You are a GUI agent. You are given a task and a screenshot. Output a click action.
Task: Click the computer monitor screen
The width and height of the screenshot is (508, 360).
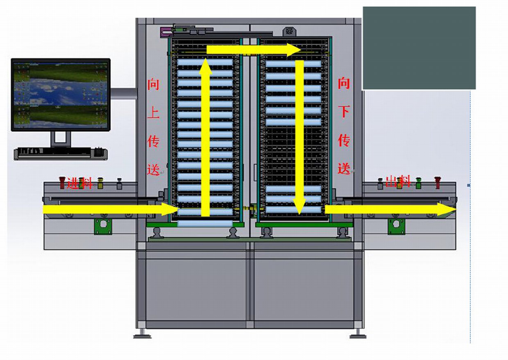(61, 95)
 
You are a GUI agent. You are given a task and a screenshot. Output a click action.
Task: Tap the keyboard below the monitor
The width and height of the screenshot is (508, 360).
(61, 154)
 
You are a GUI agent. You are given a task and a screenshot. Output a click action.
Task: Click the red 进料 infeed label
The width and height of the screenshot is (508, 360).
(79, 183)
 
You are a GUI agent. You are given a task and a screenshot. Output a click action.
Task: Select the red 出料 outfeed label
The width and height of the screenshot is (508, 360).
(398, 181)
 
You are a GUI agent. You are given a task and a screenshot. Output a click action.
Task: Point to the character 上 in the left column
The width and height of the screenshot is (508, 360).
(153, 113)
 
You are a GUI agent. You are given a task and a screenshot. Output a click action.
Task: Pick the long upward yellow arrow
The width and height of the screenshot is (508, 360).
(206, 137)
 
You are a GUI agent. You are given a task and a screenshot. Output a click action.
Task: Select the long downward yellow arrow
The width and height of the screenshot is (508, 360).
(299, 137)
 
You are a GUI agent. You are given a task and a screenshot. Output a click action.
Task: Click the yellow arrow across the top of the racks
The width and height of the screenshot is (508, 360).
(254, 50)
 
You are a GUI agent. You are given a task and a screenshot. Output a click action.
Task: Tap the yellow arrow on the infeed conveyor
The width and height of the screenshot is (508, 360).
(111, 209)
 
